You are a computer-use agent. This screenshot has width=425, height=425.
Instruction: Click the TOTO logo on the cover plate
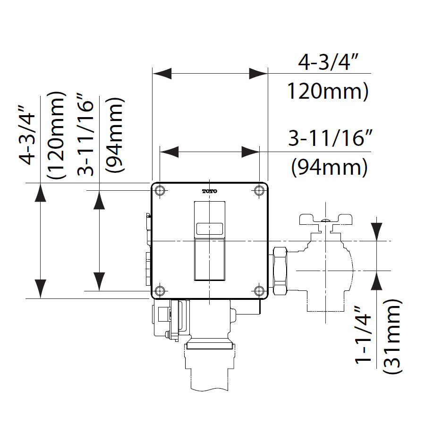(210, 191)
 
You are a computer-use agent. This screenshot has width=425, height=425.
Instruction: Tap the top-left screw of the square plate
(161, 191)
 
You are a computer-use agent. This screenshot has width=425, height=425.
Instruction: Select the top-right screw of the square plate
(259, 191)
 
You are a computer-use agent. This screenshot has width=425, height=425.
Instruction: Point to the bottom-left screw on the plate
(161, 290)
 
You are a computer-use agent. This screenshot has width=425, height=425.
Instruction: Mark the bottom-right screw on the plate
(259, 290)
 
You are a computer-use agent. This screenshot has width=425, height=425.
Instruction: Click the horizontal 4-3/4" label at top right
(326, 63)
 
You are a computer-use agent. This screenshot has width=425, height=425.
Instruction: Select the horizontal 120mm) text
(328, 92)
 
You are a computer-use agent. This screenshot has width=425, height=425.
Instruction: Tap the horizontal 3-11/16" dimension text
(328, 139)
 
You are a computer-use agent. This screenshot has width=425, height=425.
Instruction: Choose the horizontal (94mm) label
(329, 167)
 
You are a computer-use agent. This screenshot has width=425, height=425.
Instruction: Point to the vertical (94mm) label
(115, 135)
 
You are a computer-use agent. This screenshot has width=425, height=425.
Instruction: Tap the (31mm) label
(392, 336)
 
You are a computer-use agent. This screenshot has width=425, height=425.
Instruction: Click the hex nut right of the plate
(279, 271)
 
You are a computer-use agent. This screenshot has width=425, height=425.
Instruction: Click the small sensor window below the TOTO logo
(210, 229)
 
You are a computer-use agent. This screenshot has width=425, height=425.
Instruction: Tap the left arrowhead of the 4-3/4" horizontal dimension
(161, 74)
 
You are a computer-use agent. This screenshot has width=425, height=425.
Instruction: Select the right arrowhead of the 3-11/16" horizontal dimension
(250, 152)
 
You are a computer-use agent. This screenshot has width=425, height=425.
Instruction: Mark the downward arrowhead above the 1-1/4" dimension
(376, 230)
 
